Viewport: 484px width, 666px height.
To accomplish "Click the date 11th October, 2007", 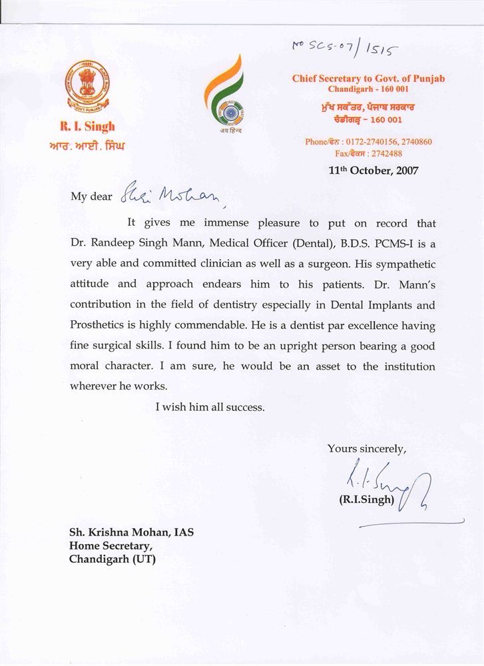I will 373,170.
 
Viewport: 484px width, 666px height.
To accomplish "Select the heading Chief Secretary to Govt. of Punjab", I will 368,79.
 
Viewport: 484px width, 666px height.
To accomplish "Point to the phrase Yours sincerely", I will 366,448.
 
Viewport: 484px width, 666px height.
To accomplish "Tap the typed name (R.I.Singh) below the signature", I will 367,499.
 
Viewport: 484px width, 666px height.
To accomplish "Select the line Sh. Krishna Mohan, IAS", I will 131,533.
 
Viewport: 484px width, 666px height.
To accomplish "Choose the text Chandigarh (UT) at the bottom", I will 113,559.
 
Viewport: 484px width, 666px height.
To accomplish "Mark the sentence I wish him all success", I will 210,407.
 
